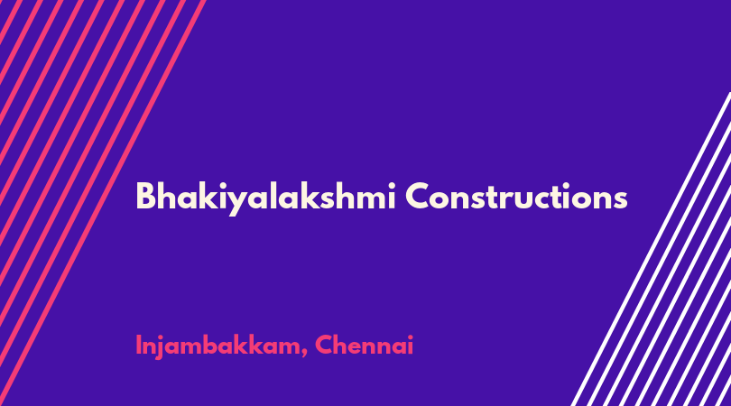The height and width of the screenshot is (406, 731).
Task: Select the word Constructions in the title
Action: coord(516,197)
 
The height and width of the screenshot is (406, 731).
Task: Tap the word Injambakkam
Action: coord(217,346)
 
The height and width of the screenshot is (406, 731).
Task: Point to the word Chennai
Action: coord(364,345)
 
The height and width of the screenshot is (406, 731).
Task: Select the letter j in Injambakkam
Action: coord(161,346)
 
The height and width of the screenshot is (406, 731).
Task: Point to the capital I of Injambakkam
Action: coord(138,346)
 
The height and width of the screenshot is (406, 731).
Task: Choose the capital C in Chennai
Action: coord(324,345)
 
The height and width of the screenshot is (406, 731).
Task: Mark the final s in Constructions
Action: coord(620,200)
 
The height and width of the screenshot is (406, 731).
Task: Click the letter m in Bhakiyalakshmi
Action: coord(371,199)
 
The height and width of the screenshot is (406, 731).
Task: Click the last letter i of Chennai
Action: coord(411,345)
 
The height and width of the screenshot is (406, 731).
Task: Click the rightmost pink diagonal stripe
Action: coord(102,203)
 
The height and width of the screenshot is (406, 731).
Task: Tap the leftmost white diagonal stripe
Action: coord(651,249)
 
